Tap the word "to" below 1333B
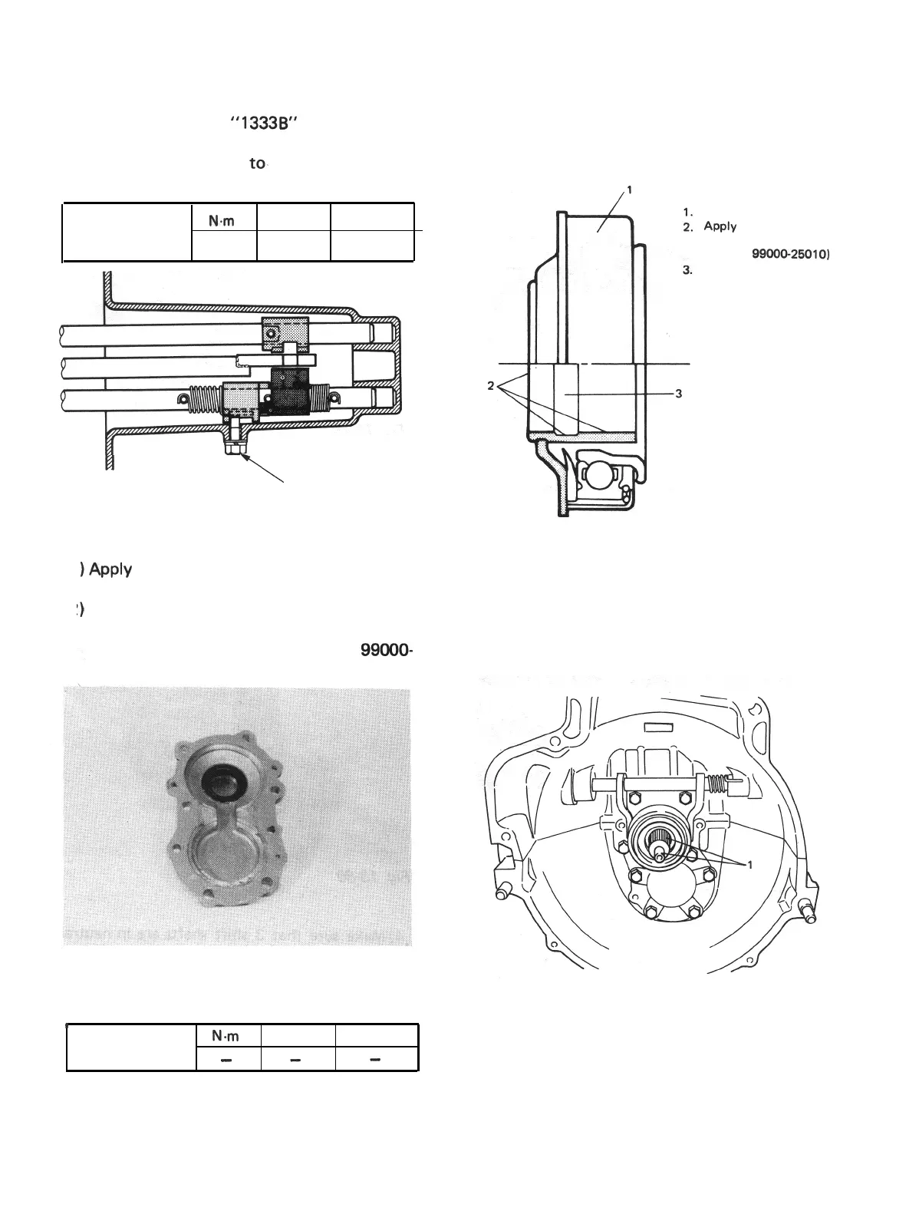click(256, 163)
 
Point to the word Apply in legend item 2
click(720, 226)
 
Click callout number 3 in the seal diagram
click(678, 394)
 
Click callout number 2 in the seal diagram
click(491, 385)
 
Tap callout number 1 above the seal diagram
click(629, 191)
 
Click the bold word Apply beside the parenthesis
click(110, 570)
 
